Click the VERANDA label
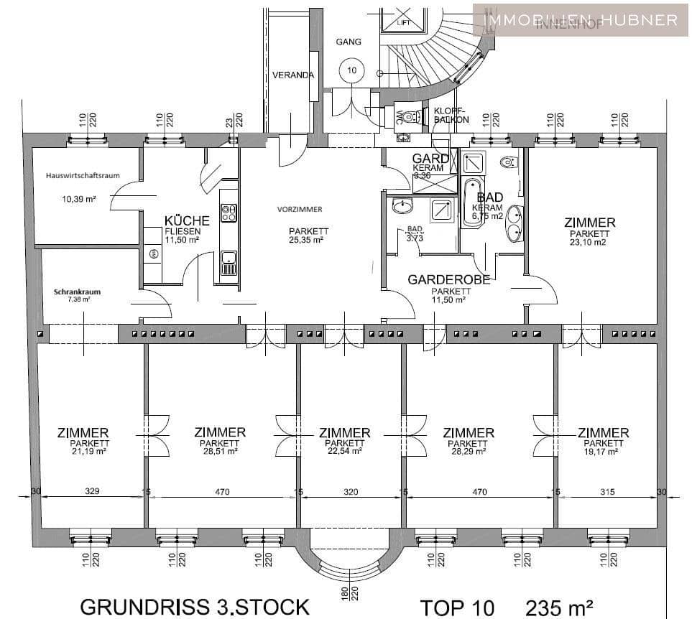tap(293, 75)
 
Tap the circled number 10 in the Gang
tap(351, 70)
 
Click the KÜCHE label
tap(187, 220)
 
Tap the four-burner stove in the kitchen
tap(229, 213)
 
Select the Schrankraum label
tap(75, 292)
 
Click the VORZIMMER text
tap(300, 209)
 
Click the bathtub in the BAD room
tap(471, 203)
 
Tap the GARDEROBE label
tap(448, 280)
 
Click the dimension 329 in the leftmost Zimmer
tap(92, 492)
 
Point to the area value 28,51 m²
tap(220, 452)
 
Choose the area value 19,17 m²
tap(603, 452)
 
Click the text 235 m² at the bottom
tap(560, 607)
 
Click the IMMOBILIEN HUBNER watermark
tap(581, 19)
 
